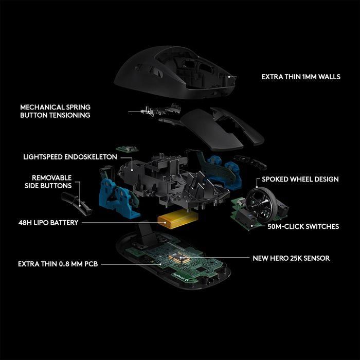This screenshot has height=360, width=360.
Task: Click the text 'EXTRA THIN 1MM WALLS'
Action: point(301,77)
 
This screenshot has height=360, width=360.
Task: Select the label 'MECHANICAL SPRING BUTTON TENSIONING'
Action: point(55,111)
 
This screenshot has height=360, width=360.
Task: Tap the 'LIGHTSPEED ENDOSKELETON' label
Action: point(70,156)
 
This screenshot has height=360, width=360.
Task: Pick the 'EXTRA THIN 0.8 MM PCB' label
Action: point(58,264)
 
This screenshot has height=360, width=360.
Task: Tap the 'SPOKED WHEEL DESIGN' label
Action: point(300,179)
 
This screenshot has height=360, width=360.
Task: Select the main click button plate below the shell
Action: point(221,126)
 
